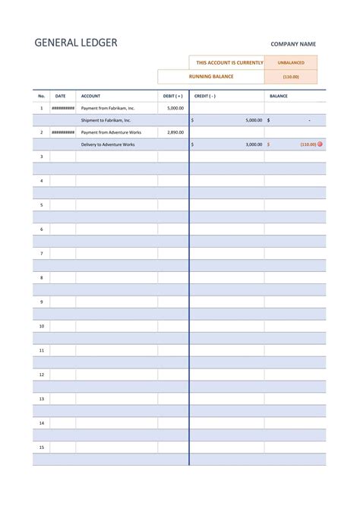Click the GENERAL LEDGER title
pyautogui.click(x=76, y=43)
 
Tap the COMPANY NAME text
pyautogui.click(x=293, y=44)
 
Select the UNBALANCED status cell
pyautogui.click(x=291, y=63)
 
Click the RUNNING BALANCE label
pyautogui.click(x=211, y=77)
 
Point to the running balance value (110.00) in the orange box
pyautogui.click(x=291, y=77)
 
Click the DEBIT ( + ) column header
pyautogui.click(x=172, y=96)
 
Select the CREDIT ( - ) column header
pyautogui.click(x=205, y=96)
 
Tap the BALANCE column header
pyautogui.click(x=279, y=96)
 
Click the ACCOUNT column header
pyautogui.click(x=90, y=96)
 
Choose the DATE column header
pyautogui.click(x=61, y=96)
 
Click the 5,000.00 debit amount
pyautogui.click(x=175, y=109)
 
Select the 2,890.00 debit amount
pyautogui.click(x=175, y=132)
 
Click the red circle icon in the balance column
pyautogui.click(x=320, y=144)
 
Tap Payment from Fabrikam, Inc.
pyautogui.click(x=107, y=109)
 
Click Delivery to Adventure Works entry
pyautogui.click(x=107, y=144)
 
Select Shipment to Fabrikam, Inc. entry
pyautogui.click(x=106, y=120)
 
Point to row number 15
pyautogui.click(x=42, y=447)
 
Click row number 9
pyautogui.click(x=42, y=302)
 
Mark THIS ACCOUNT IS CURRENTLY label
pyautogui.click(x=229, y=63)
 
